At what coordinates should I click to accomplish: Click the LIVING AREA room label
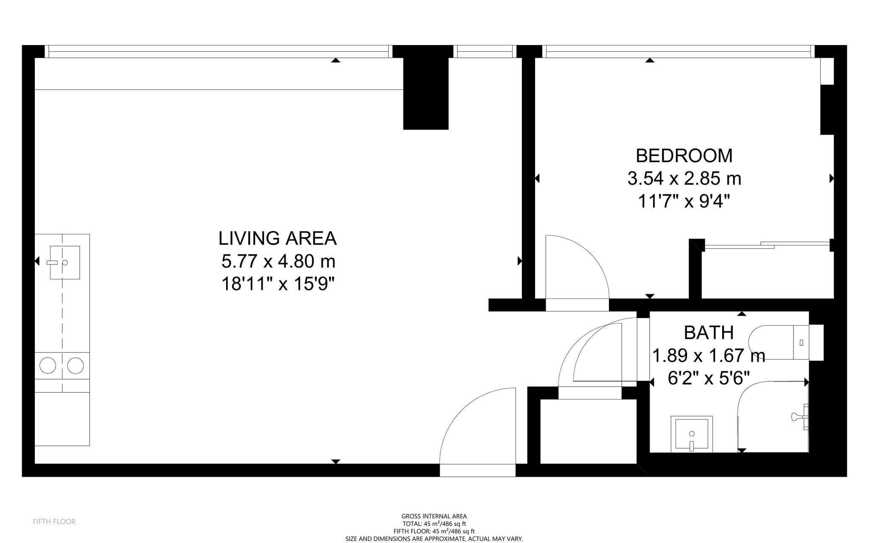pos(278,238)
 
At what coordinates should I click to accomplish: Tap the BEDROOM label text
pos(684,156)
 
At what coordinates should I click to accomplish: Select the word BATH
pos(709,333)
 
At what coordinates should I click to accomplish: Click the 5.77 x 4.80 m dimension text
pos(278,261)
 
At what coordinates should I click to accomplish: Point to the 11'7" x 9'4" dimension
pos(684,201)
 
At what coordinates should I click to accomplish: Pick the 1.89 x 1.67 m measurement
pos(708,355)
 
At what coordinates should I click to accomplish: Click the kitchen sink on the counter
pos(64,262)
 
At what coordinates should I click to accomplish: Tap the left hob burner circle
pos(48,366)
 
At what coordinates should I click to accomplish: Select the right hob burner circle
pos(76,366)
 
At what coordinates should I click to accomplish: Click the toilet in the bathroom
pos(785,342)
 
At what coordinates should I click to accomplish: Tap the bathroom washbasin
pos(692,434)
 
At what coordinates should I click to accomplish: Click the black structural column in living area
pos(426,93)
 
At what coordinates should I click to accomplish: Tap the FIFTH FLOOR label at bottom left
pos(54,521)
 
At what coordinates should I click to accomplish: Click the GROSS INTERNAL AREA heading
pos(434,516)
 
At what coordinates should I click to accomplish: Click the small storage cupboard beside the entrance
pos(588,431)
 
